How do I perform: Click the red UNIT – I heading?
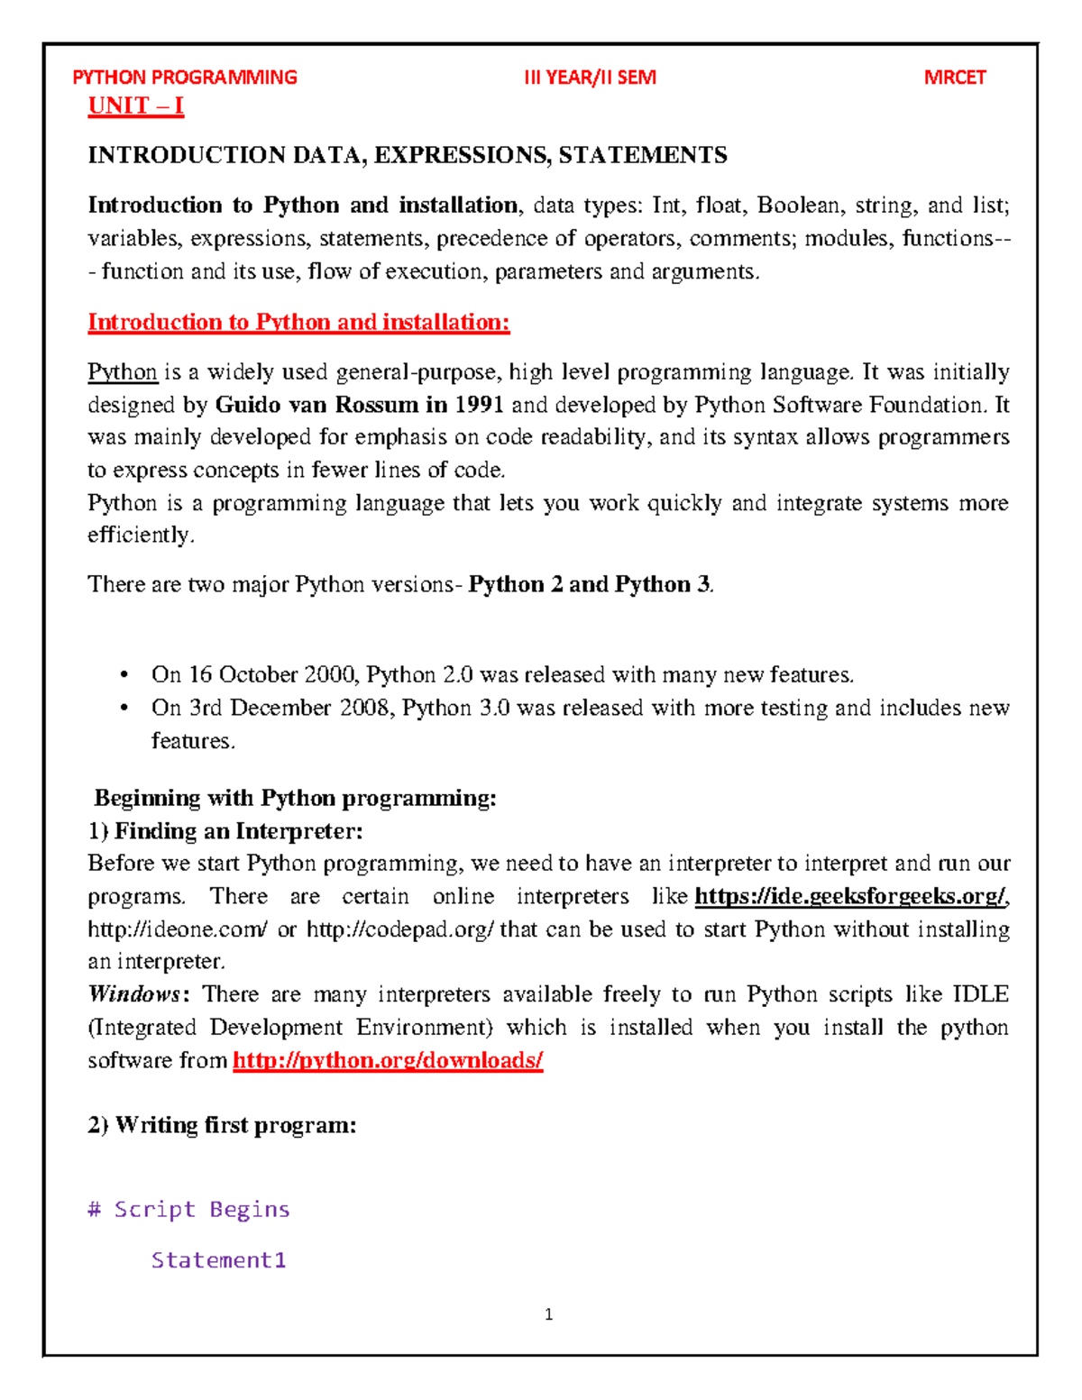click(135, 106)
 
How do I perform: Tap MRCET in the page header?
click(954, 78)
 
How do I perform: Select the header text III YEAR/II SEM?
click(590, 78)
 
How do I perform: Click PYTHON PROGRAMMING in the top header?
click(184, 78)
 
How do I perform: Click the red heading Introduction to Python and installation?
click(298, 323)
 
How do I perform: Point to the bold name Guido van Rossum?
click(317, 405)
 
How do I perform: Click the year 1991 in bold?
click(478, 405)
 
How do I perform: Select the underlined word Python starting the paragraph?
click(123, 372)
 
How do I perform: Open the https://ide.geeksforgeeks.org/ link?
click(850, 897)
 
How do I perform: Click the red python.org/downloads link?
click(388, 1061)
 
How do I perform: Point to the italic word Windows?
click(134, 994)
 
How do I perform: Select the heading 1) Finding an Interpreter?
click(225, 831)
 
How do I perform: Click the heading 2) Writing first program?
click(222, 1126)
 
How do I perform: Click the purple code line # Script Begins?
click(188, 1210)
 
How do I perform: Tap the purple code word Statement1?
click(218, 1260)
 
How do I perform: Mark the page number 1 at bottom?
click(549, 1315)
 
